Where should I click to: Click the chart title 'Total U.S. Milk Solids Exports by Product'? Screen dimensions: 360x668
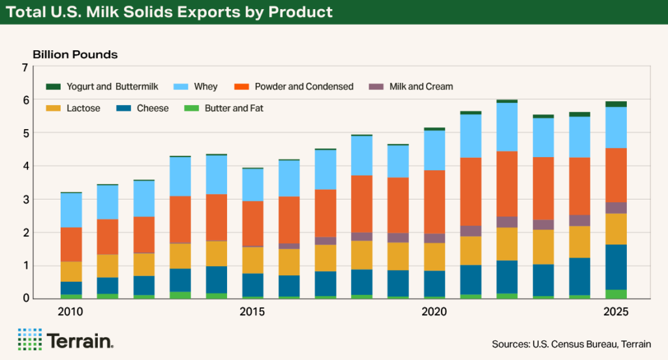(170, 12)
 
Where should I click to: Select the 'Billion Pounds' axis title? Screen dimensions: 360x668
(75, 55)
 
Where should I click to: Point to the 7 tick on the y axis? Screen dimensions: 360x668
(25, 68)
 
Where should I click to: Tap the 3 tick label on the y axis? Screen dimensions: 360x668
(25, 200)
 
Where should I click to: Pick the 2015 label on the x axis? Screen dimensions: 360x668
(252, 312)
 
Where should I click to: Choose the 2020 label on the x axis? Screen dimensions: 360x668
(434, 312)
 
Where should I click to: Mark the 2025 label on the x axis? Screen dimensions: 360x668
(615, 312)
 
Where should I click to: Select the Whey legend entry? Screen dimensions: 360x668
(196, 87)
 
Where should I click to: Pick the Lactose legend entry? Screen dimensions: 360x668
(75, 108)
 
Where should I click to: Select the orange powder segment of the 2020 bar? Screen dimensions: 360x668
(434, 202)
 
